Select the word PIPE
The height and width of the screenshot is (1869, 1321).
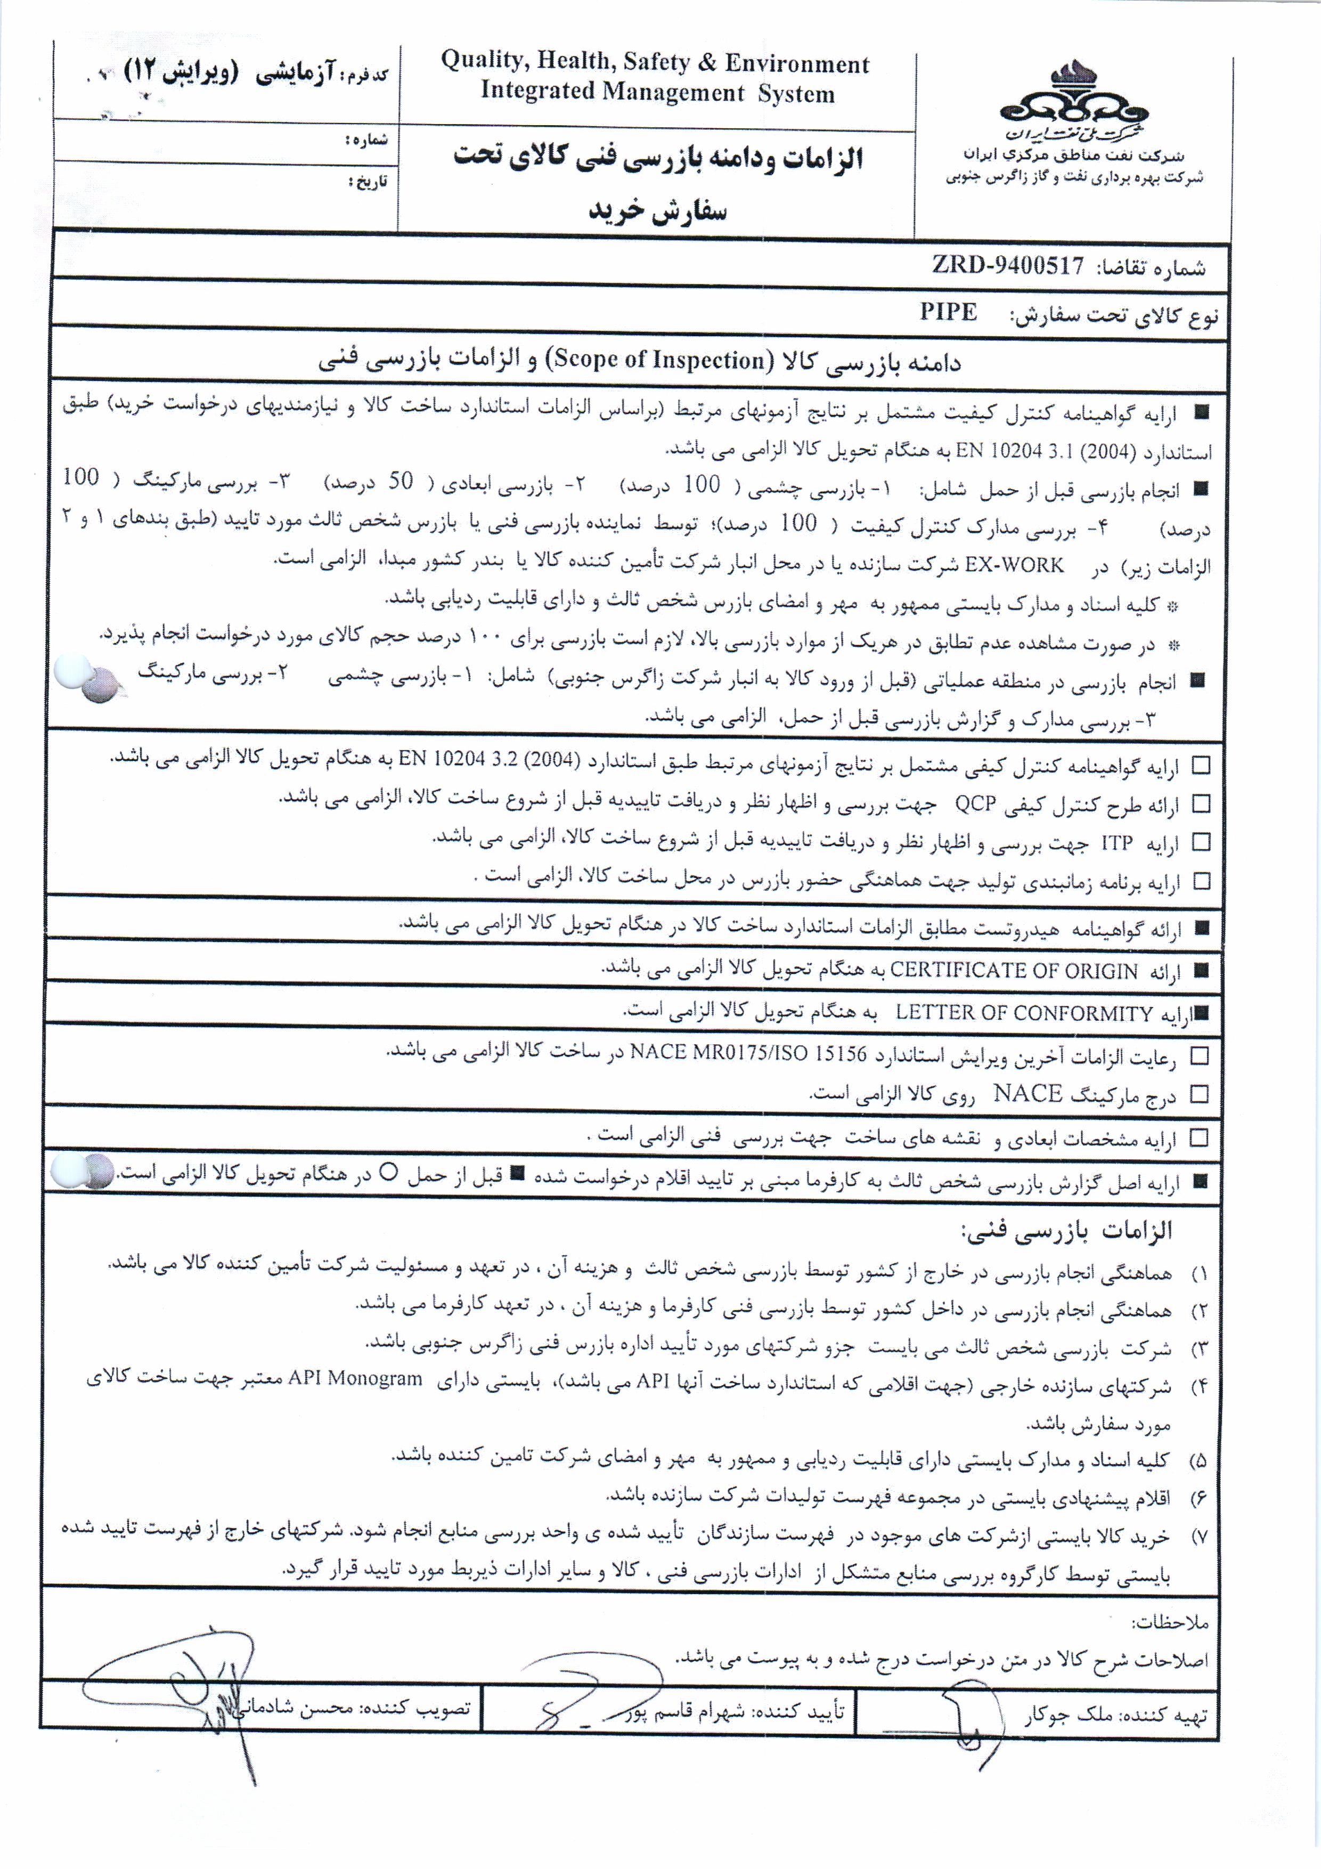click(x=948, y=313)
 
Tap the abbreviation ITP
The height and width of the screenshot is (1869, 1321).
click(x=1116, y=842)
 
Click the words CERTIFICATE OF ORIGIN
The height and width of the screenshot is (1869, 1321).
click(x=1013, y=970)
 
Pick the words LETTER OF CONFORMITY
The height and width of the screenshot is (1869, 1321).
click(x=1024, y=1013)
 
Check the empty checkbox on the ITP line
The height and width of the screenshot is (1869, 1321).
click(x=1201, y=842)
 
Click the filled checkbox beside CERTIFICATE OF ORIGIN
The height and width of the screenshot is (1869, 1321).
click(x=1201, y=970)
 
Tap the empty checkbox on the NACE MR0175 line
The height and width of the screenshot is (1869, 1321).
click(x=1199, y=1056)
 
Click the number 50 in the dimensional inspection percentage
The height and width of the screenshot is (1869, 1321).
click(x=399, y=481)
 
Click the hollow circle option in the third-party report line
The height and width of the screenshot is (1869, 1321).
click(x=389, y=1172)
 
